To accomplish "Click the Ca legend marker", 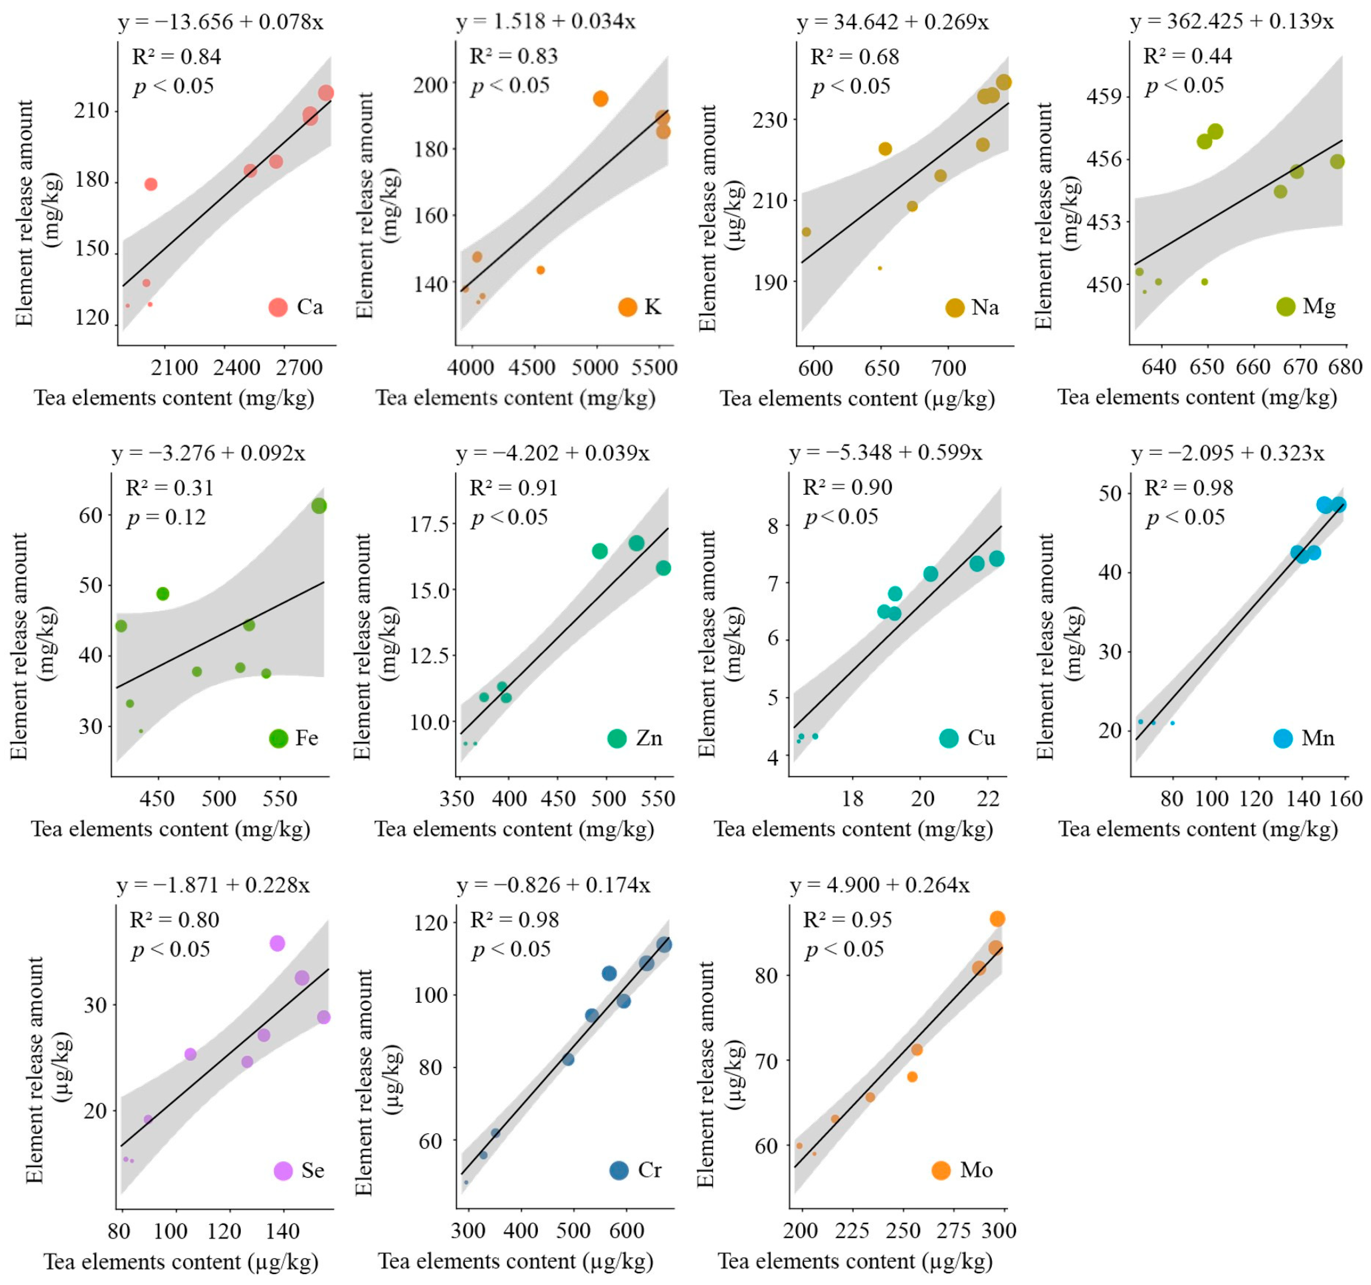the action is click(x=278, y=307).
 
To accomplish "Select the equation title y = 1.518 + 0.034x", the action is click(x=546, y=22).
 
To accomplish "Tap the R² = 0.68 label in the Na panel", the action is click(x=854, y=56).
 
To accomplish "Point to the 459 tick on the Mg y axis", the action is click(x=1103, y=96).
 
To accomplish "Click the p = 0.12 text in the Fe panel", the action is click(x=166, y=517).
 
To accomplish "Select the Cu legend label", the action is click(x=981, y=738).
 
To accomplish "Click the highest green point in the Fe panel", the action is click(x=318, y=506).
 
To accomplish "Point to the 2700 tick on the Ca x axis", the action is click(x=299, y=368).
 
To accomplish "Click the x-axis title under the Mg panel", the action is click(x=1197, y=397).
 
